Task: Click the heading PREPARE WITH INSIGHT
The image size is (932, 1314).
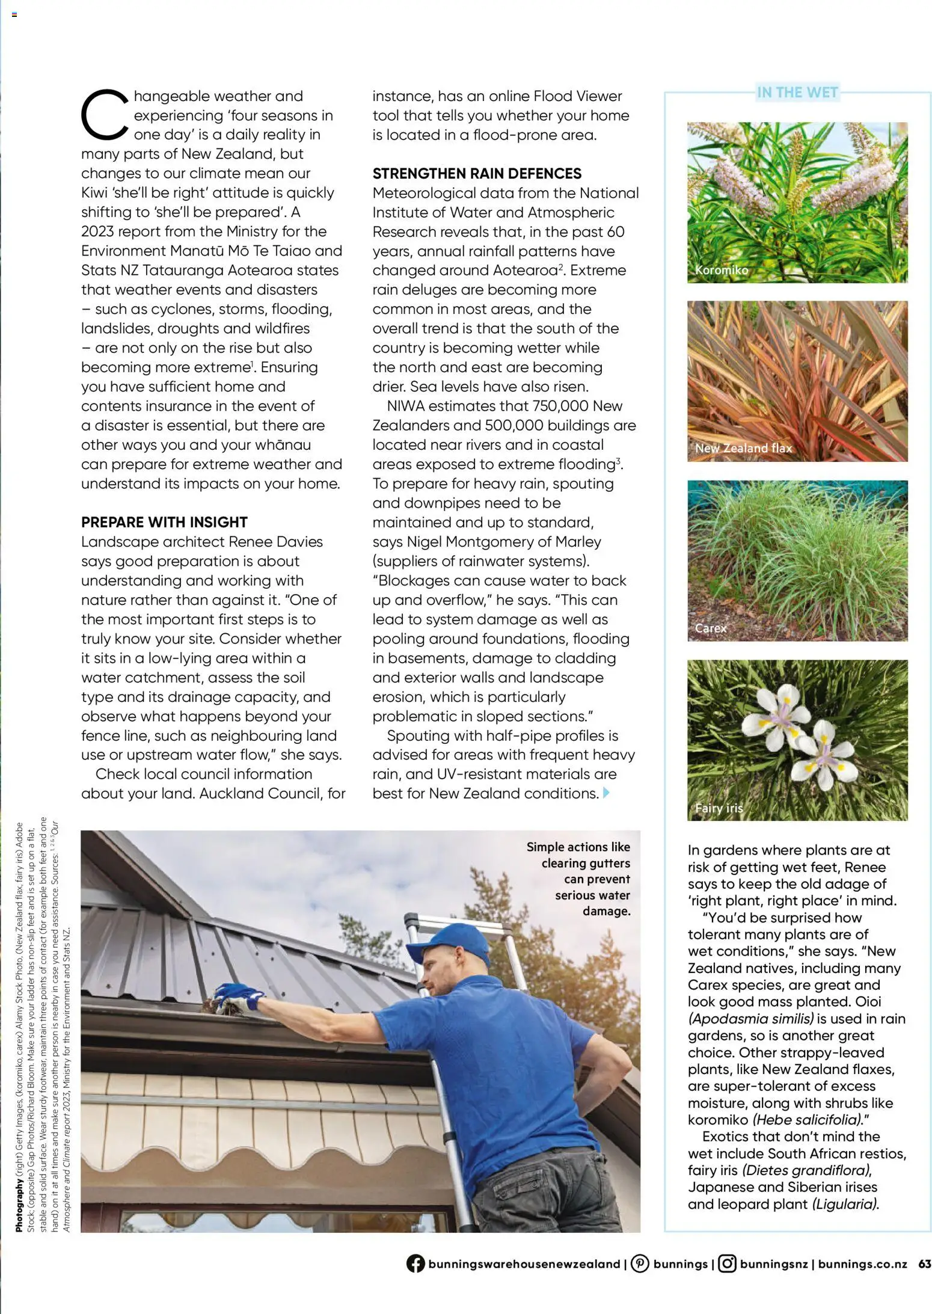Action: click(164, 522)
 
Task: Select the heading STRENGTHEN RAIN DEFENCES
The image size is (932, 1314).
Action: click(477, 174)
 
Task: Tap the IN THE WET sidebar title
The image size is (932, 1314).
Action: click(797, 93)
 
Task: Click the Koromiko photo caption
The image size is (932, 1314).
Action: click(722, 270)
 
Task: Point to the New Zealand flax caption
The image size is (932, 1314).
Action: click(743, 448)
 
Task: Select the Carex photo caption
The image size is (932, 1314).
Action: click(711, 628)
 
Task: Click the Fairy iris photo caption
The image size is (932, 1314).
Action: click(719, 808)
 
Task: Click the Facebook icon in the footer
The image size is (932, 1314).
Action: click(415, 1263)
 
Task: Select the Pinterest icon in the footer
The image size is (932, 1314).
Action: click(640, 1263)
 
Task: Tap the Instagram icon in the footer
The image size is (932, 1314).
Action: click(727, 1263)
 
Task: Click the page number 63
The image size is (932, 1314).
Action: click(924, 1263)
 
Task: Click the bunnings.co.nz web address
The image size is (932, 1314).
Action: click(862, 1263)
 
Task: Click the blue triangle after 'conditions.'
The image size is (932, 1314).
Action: click(606, 793)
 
